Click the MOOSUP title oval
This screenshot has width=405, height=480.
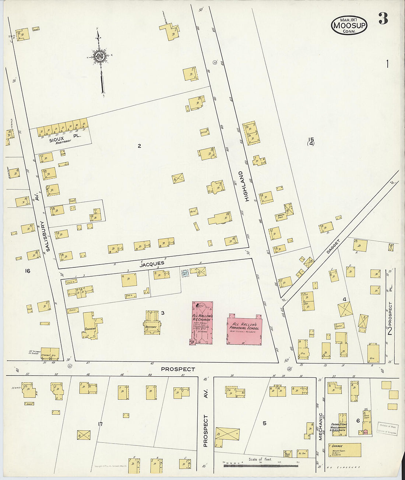tap(349, 25)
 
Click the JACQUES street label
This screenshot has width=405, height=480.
tap(152, 264)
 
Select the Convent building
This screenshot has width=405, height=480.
tap(89, 326)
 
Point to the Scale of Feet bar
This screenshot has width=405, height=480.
tap(260, 466)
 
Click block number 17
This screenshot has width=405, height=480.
tap(100, 424)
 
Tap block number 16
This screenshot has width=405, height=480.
tap(27, 271)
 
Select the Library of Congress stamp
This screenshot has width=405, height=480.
tap(388, 429)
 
